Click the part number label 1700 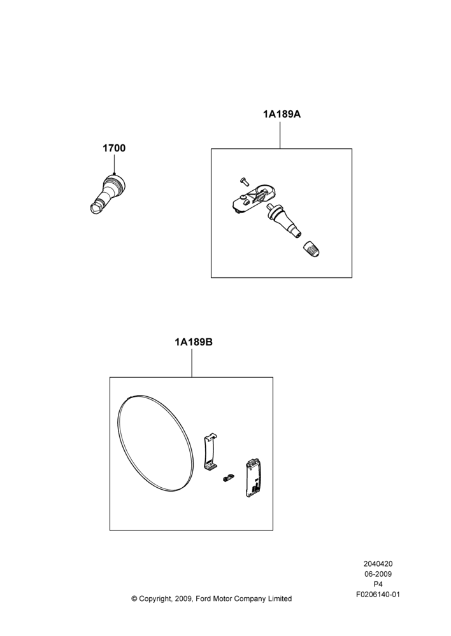click(x=114, y=148)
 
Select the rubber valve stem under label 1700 click(x=107, y=193)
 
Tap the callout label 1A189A click(x=282, y=114)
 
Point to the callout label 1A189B click(x=194, y=342)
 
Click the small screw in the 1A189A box click(x=244, y=181)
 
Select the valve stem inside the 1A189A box click(x=283, y=222)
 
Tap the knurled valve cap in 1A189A click(x=311, y=248)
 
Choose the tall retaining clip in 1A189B click(x=210, y=452)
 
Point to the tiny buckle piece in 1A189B click(x=229, y=478)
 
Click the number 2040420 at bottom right click(x=378, y=563)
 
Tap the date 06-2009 click(x=378, y=574)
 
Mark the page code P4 click(x=378, y=584)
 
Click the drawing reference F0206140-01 click(x=378, y=595)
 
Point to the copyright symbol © click(x=134, y=598)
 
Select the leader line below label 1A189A click(x=280, y=134)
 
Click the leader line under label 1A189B click(x=192, y=363)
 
